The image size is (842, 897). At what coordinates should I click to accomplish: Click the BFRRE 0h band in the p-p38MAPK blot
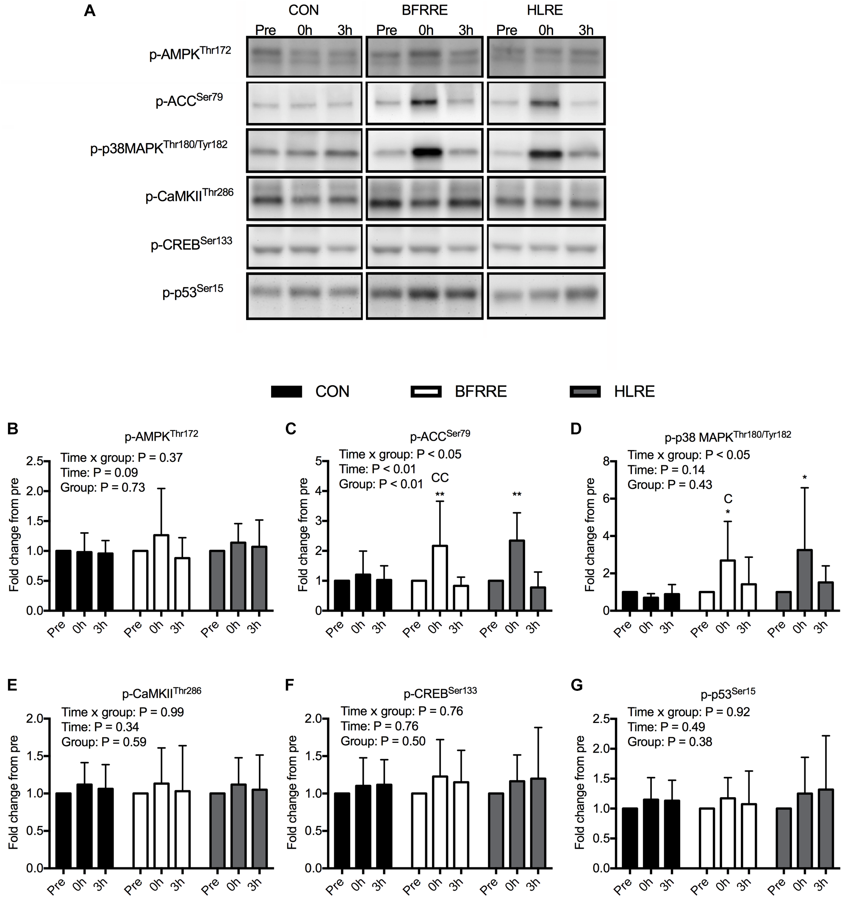(426, 152)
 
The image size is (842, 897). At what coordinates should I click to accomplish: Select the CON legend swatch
(286, 391)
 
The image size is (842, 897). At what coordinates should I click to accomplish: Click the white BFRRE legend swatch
(426, 391)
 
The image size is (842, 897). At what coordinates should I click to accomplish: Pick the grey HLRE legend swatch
(585, 391)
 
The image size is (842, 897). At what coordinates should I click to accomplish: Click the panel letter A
(89, 11)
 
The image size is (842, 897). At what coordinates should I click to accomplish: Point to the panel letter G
(576, 685)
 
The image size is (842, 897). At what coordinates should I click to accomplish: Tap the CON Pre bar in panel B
(63, 580)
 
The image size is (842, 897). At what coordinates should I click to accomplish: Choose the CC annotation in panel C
(440, 477)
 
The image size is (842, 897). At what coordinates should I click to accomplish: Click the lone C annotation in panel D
(728, 499)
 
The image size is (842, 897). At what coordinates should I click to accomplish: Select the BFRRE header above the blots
(424, 10)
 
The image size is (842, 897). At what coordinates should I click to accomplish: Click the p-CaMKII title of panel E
(162, 692)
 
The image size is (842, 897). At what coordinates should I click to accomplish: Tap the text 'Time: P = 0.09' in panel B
(100, 472)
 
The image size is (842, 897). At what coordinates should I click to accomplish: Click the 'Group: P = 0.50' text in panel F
(383, 741)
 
